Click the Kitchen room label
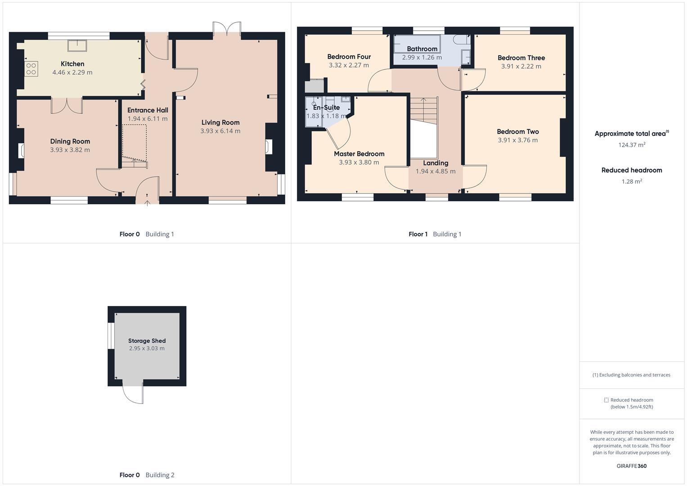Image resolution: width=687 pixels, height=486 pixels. [x=72, y=64]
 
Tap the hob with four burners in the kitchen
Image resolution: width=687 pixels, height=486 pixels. [x=31, y=69]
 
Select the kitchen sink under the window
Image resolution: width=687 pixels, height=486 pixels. [x=77, y=45]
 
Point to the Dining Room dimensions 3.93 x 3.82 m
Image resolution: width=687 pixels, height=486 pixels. [x=70, y=150]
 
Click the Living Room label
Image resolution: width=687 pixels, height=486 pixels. [x=220, y=122]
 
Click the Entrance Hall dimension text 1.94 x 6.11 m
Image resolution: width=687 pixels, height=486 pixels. [x=148, y=119]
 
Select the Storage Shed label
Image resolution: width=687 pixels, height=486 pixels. [x=147, y=341]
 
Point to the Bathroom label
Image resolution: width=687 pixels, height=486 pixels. [x=422, y=49]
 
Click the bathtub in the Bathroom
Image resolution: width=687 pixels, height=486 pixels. [x=417, y=43]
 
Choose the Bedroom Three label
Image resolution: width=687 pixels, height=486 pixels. [x=521, y=58]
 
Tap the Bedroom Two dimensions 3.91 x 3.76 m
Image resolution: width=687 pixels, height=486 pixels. [x=517, y=140]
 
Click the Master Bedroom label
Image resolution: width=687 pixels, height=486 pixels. [x=359, y=153]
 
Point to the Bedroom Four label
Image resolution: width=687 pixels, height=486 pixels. [x=349, y=57]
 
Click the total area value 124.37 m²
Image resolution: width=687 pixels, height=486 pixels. [x=632, y=145]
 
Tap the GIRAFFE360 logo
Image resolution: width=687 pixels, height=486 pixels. [x=632, y=466]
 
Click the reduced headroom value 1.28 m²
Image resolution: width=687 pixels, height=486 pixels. [x=632, y=181]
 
